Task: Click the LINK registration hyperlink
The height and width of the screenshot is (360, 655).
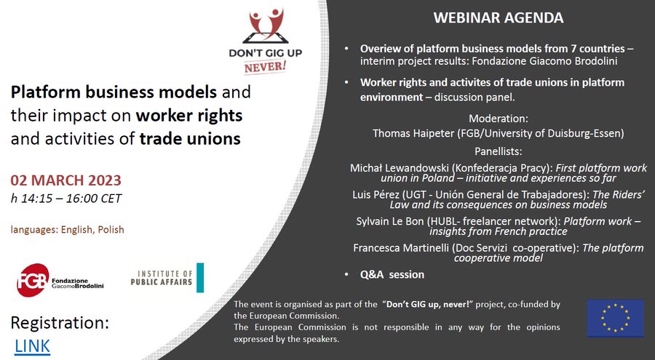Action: (32, 345)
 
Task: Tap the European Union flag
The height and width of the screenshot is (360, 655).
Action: (615, 318)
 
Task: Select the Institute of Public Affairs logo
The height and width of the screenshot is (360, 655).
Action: (167, 278)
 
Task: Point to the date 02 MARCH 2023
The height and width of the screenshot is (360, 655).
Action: (65, 180)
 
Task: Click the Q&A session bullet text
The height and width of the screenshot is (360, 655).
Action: (392, 274)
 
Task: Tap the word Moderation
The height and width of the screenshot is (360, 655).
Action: (498, 118)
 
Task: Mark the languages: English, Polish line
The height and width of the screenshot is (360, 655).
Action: (67, 230)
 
